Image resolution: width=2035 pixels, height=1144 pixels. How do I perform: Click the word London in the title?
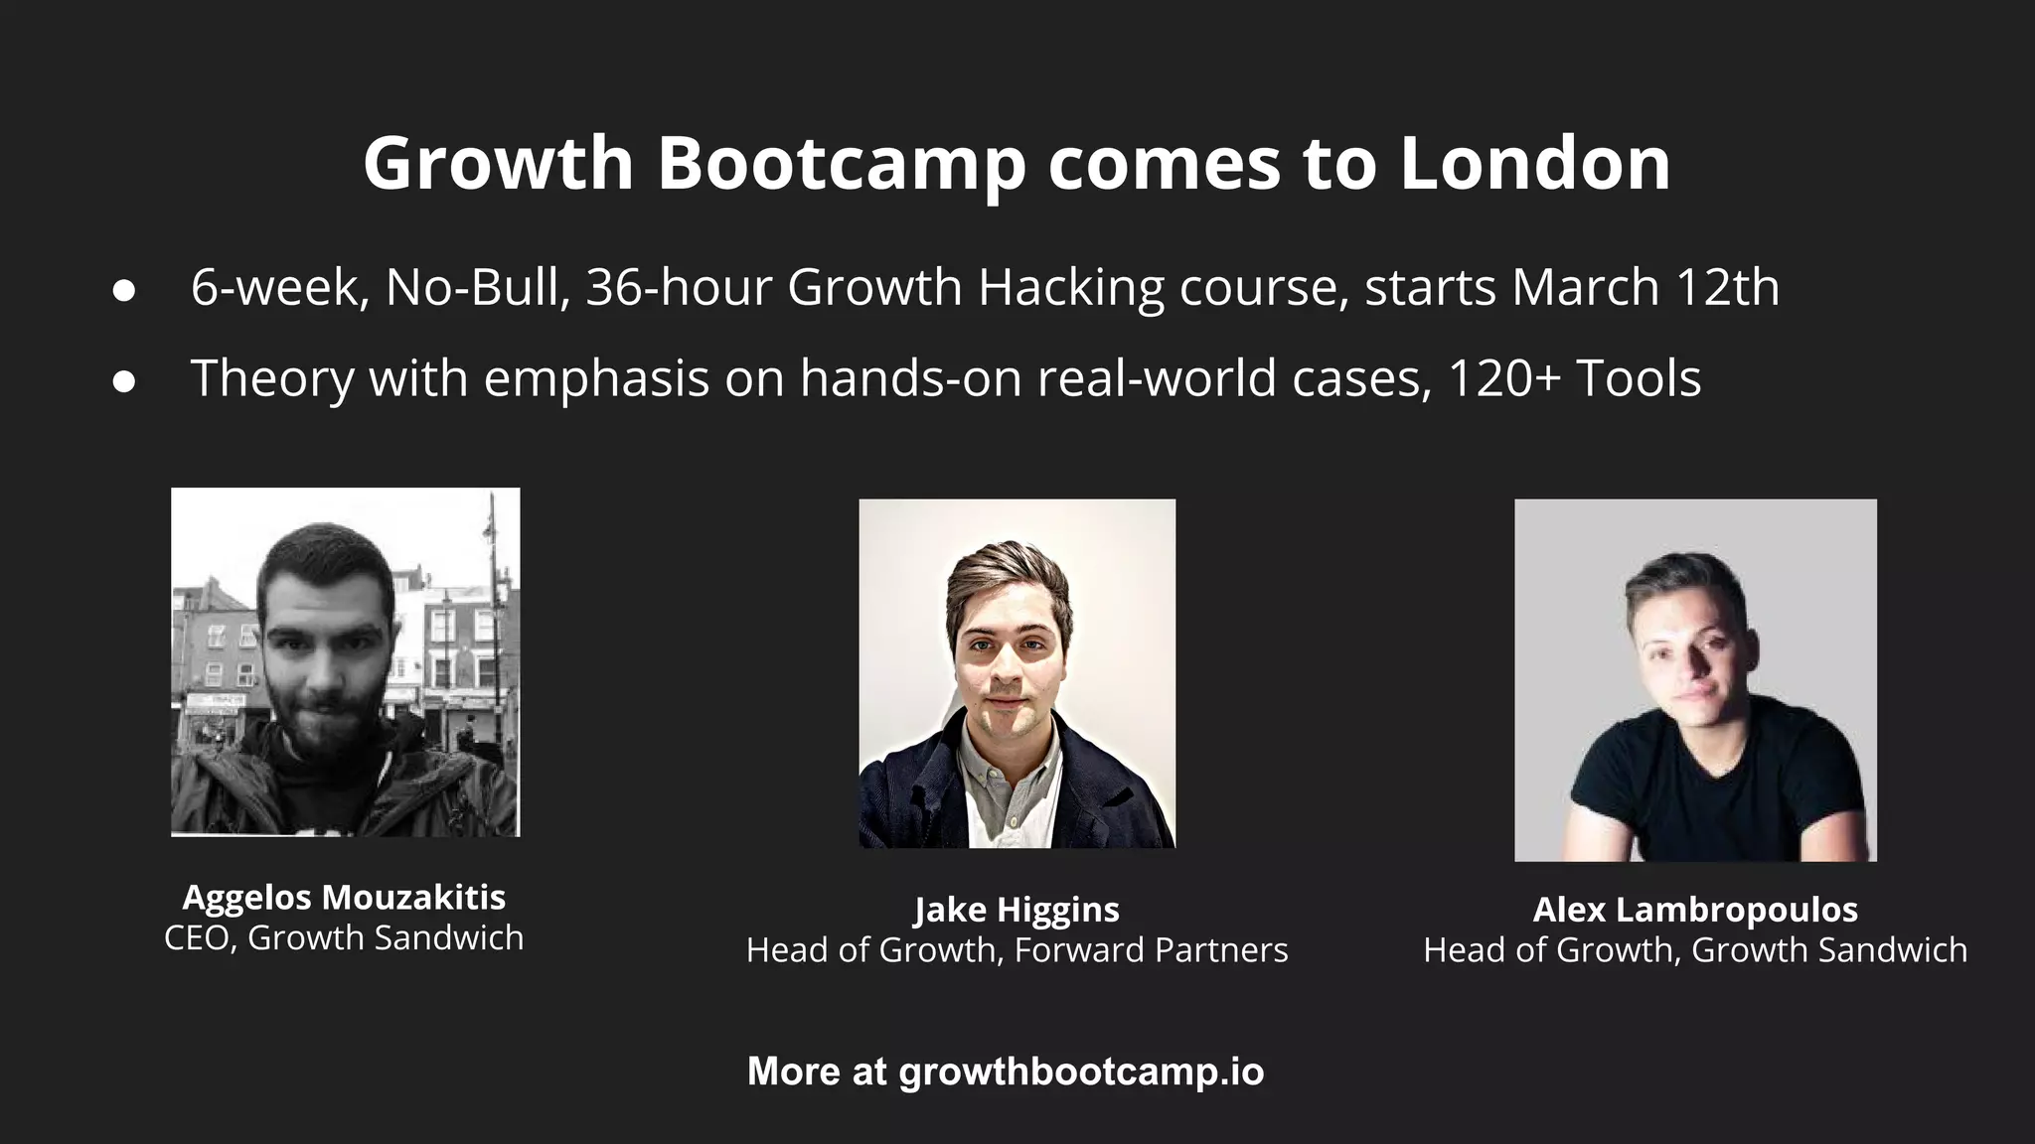(1535, 163)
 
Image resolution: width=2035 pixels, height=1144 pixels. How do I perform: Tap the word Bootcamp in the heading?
(841, 165)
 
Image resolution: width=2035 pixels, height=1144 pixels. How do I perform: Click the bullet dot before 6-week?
(124, 291)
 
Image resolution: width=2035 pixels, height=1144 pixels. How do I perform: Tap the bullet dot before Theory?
(124, 381)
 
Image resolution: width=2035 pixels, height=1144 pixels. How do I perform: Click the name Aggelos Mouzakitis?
(344, 898)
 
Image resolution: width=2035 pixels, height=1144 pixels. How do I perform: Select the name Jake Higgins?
(1017, 910)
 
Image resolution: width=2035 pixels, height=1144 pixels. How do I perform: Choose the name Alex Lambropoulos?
(1695, 910)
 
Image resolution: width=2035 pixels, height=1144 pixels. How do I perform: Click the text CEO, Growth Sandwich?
(344, 937)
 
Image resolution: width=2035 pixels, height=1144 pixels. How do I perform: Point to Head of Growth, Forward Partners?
(1017, 950)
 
